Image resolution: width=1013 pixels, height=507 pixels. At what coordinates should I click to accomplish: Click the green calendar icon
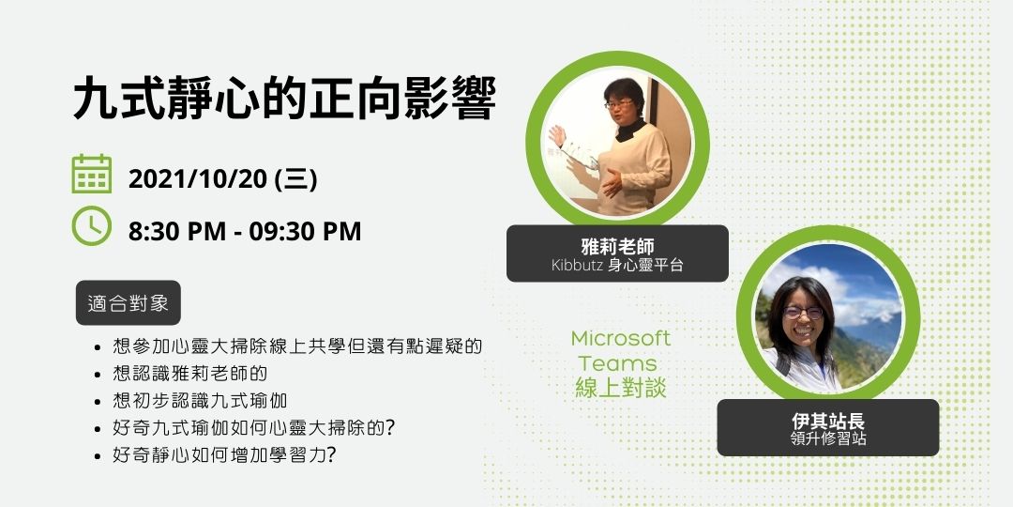tap(92, 175)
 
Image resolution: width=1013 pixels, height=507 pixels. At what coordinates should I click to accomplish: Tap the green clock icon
tap(92, 226)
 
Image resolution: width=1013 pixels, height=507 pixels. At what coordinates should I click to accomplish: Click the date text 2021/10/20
tap(198, 178)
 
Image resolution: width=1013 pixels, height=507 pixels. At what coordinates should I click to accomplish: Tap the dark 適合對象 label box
tap(128, 303)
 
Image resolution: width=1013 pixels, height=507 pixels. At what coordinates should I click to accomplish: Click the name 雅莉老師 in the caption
tap(617, 247)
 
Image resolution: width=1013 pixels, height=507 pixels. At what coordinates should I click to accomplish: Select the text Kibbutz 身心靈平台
tap(617, 266)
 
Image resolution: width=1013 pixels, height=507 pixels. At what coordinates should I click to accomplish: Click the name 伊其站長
tap(827, 422)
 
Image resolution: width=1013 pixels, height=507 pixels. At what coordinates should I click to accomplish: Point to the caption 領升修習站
tap(827, 439)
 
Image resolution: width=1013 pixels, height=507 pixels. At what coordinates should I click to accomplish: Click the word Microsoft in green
tap(621, 338)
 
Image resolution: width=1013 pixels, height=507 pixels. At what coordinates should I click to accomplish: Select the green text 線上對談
tap(620, 388)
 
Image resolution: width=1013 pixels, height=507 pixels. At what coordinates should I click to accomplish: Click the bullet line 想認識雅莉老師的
tap(189, 373)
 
